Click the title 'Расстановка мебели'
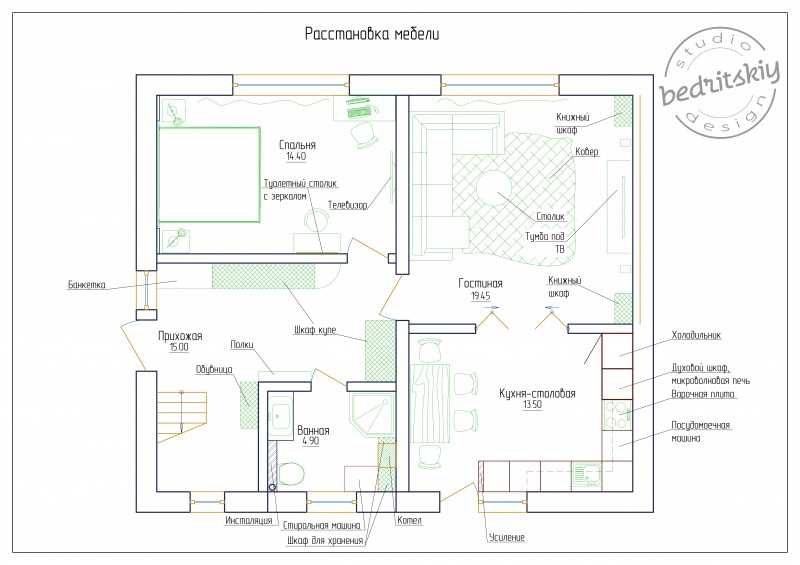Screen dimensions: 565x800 (372, 34)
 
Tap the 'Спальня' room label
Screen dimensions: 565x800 (297, 144)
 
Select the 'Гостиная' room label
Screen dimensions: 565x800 (480, 284)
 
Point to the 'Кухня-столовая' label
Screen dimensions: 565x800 (537, 393)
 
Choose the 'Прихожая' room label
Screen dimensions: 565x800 (179, 335)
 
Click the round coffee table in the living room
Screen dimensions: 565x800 (493, 187)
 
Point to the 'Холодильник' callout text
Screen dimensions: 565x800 (695, 336)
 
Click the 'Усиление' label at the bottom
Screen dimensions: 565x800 (506, 538)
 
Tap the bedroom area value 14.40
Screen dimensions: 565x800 (296, 157)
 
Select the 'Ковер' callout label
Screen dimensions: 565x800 (586, 151)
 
